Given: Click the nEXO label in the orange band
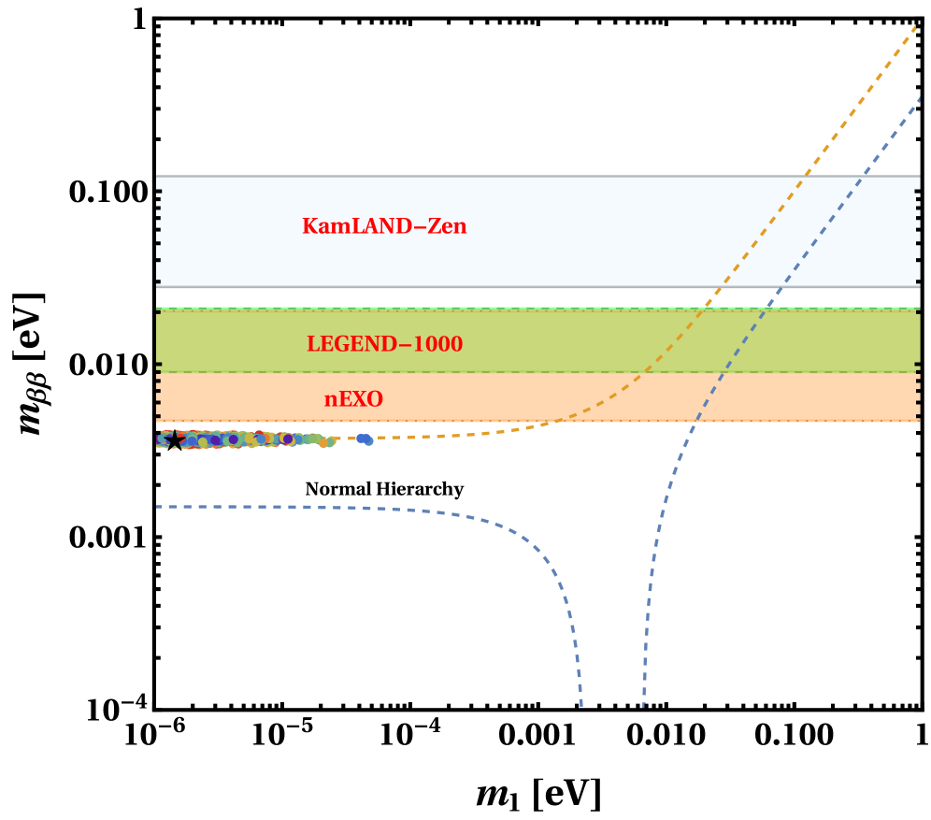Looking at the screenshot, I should pyautogui.click(x=353, y=399).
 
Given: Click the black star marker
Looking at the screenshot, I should pyautogui.click(x=174, y=439).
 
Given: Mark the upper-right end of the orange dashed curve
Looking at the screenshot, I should pyautogui.click(x=916, y=26).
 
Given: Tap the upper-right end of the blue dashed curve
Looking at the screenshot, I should pyautogui.click(x=920, y=96).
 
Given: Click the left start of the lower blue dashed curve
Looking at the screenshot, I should pyautogui.click(x=158, y=507).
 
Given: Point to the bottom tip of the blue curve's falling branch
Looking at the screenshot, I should pyautogui.click(x=582, y=706).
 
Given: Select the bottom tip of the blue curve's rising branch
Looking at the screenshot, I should pyautogui.click(x=643, y=706).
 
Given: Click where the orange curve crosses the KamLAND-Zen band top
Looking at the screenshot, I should pyautogui.click(x=804, y=176).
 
